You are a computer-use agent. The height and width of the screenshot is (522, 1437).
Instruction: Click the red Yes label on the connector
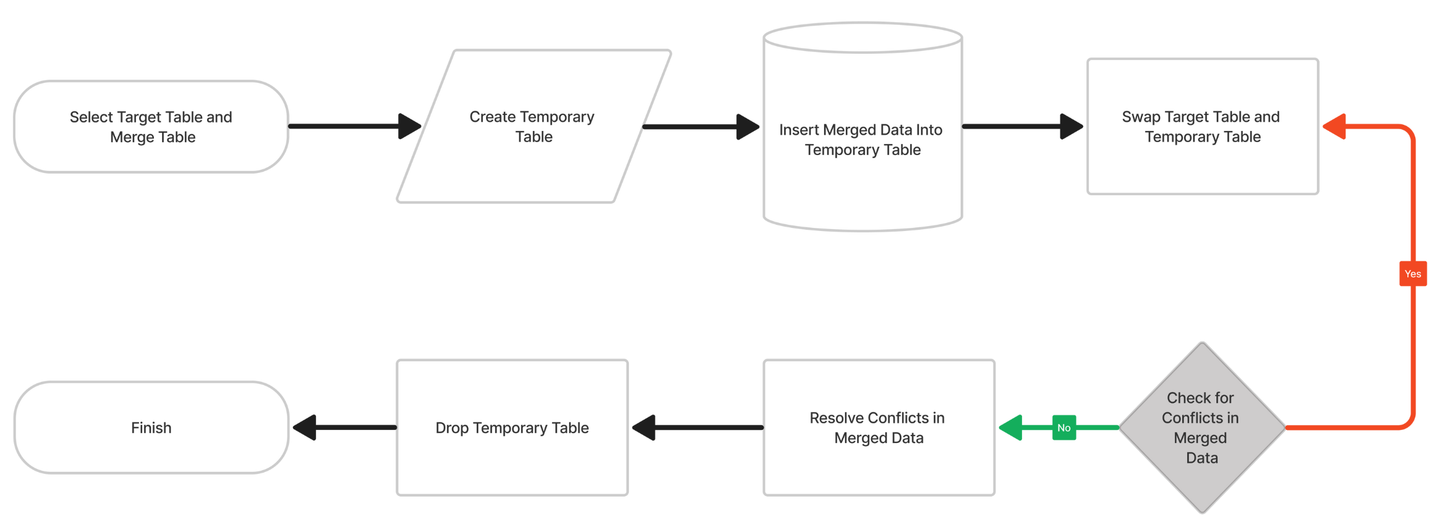[x=1412, y=274]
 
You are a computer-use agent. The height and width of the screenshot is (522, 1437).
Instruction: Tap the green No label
[x=1064, y=427]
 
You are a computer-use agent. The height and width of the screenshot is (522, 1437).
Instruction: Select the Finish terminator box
[x=151, y=427]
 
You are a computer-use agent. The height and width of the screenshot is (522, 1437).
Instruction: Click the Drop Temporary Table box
[x=512, y=427]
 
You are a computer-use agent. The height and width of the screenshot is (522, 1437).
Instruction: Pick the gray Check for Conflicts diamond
[x=1201, y=427]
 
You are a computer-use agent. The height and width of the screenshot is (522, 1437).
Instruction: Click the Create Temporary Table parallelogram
[x=533, y=127]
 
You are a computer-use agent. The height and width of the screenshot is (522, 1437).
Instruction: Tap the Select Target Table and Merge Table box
[x=151, y=127]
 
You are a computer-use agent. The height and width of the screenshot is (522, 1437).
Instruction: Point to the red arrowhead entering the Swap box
[x=1334, y=127]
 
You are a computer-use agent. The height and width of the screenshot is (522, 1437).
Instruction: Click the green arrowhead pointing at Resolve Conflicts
[x=1011, y=427]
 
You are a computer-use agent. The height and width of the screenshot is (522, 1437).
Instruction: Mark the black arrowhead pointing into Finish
[x=305, y=427]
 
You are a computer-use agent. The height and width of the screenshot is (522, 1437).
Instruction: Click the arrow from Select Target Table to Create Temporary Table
[x=346, y=127]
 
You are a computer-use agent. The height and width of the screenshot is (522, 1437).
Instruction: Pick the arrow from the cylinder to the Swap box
[x=1014, y=127]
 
